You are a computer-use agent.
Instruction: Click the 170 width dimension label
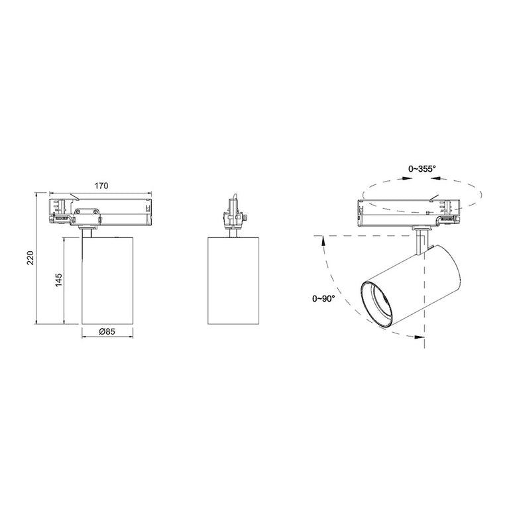101,186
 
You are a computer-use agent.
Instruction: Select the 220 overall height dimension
30,258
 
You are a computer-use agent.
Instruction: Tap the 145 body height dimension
58,280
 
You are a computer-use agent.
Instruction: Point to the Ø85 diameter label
107,331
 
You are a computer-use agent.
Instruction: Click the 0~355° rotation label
422,169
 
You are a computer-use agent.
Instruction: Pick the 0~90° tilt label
323,299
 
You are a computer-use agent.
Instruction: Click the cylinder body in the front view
107,281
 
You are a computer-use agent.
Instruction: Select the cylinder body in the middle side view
233,281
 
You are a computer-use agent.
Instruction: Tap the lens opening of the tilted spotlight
376,305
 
